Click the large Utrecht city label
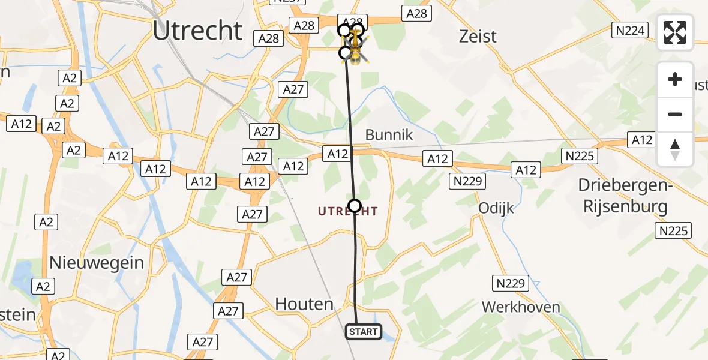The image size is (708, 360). click(197, 31)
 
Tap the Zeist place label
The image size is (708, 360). click(478, 37)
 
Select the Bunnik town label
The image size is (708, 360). click(389, 134)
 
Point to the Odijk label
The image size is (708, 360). click(496, 208)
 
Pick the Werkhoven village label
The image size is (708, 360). click(521, 307)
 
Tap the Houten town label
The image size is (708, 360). click(304, 304)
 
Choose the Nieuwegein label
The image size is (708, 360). click(97, 262)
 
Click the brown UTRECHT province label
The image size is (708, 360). click(348, 211)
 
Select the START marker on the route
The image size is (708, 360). click(363, 332)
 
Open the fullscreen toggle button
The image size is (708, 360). click(675, 32)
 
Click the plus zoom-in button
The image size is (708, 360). click(675, 79)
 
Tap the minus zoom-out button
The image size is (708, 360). click(675, 114)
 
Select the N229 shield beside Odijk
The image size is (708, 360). click(468, 181)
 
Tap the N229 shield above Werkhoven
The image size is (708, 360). click(511, 283)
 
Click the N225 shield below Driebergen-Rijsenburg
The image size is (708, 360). click(674, 230)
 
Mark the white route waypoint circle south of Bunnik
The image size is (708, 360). click(355, 206)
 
